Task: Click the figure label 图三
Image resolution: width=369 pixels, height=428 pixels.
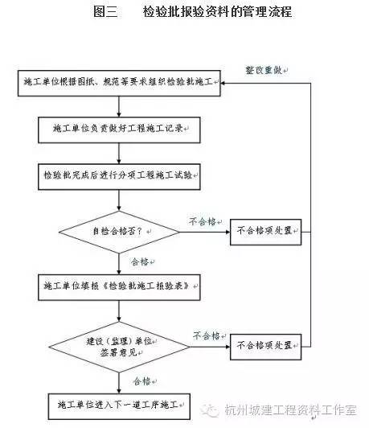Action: click(x=106, y=11)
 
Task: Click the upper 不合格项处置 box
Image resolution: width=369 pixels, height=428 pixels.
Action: click(x=265, y=234)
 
